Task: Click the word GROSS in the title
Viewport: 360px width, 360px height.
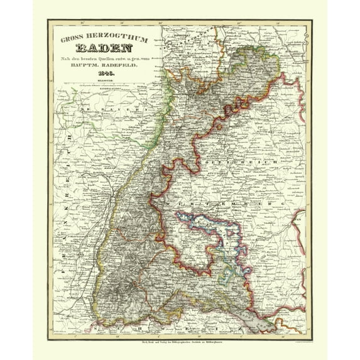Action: (x=71, y=39)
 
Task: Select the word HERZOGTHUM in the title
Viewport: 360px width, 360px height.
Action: (x=110, y=38)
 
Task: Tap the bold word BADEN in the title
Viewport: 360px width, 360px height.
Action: (x=102, y=48)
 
